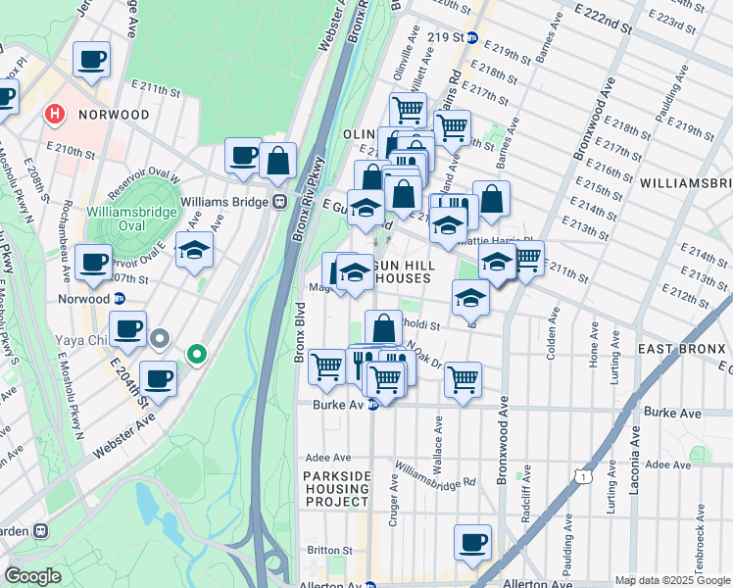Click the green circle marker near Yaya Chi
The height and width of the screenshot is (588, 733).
click(x=197, y=354)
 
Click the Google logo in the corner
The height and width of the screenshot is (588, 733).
click(x=33, y=576)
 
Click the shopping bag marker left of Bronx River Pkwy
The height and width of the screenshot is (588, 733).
click(x=278, y=162)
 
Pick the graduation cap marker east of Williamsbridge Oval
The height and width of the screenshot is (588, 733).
click(x=194, y=251)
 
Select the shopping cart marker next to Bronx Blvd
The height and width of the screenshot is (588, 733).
click(x=326, y=367)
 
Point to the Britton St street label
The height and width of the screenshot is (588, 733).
click(x=320, y=550)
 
